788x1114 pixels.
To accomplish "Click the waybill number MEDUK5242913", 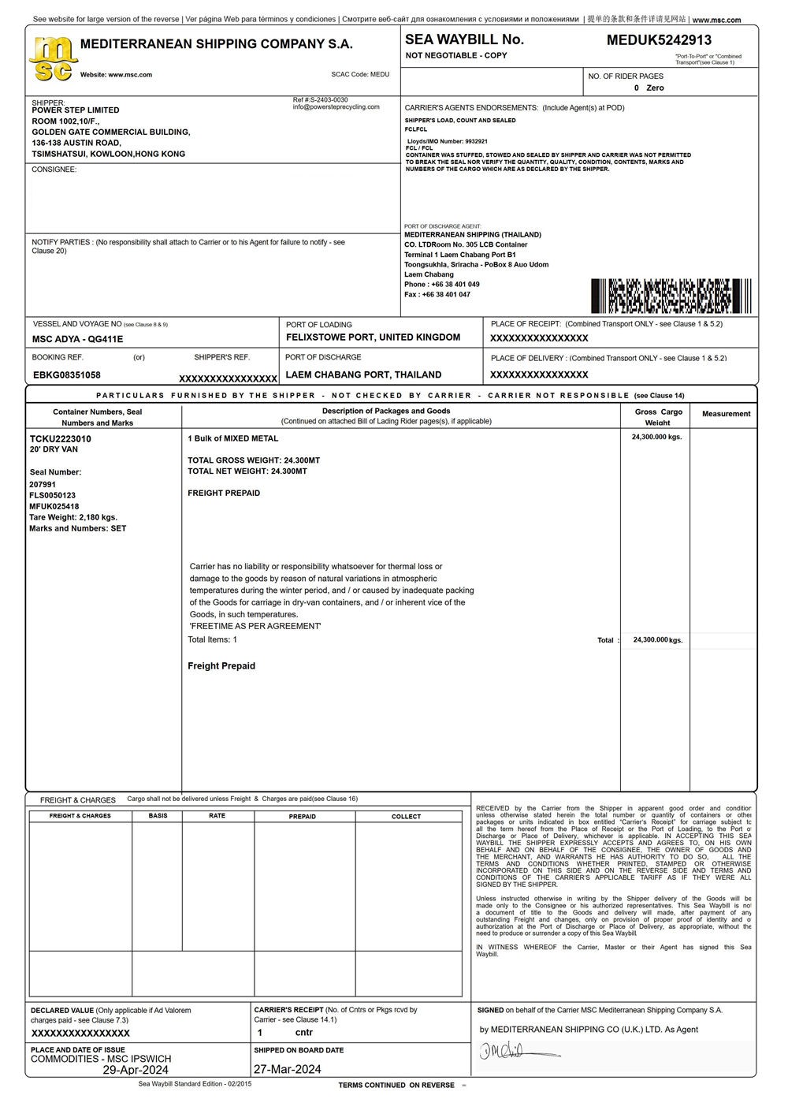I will (x=659, y=40).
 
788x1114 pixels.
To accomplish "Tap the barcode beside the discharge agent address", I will (x=671, y=296).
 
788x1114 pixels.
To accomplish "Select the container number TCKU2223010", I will (x=61, y=438).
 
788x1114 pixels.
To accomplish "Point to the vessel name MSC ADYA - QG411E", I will (x=77, y=339).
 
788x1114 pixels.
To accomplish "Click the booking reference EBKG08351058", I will (x=67, y=374).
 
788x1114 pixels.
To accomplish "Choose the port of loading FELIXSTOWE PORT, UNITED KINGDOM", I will (x=373, y=337).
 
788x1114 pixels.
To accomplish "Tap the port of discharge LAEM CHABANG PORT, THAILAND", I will (x=363, y=374).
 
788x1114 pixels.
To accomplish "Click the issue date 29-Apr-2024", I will (x=136, y=1070).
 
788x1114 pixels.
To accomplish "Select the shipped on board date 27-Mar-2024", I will (x=288, y=1069).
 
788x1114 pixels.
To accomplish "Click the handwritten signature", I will (x=516, y=1051).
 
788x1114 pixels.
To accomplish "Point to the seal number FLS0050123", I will (x=53, y=495).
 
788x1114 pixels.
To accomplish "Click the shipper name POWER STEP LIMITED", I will (x=76, y=110).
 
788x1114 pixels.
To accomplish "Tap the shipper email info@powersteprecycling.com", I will (x=336, y=107).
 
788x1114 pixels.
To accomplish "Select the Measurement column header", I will (x=726, y=414).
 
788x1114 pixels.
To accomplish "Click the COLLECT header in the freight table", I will (x=407, y=817).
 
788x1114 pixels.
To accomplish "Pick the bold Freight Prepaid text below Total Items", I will (x=221, y=666).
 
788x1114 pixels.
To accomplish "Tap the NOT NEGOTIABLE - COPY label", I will (x=456, y=56).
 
